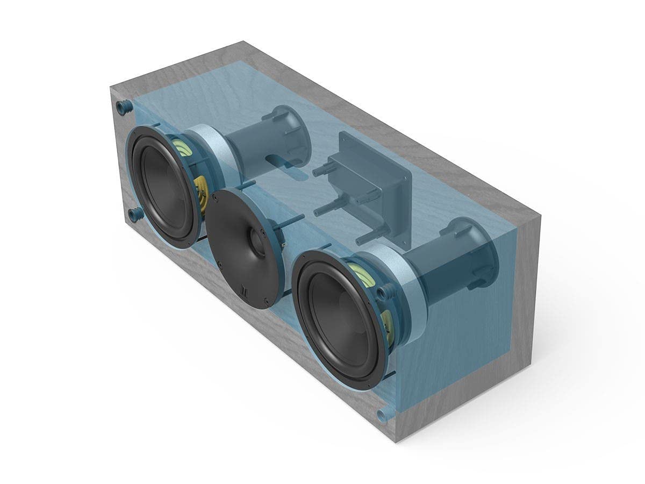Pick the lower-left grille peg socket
click(x=134, y=213)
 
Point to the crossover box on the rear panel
click(x=371, y=183)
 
